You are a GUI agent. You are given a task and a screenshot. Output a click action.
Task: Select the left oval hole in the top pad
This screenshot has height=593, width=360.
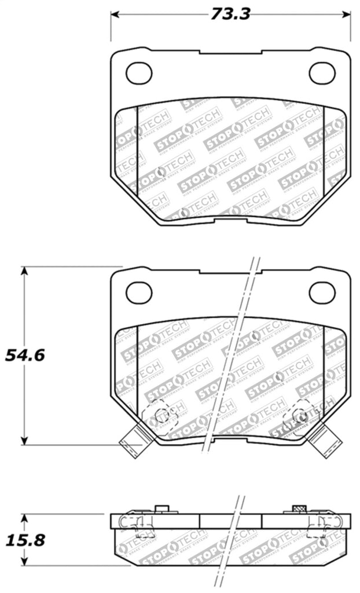tap(138, 72)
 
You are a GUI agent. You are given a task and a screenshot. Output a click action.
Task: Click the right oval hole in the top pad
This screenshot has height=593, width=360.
tap(322, 72)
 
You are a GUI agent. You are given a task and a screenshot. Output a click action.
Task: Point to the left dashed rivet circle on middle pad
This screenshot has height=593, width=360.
tap(162, 415)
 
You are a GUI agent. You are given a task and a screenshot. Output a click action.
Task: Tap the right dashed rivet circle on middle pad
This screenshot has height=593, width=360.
tap(299, 415)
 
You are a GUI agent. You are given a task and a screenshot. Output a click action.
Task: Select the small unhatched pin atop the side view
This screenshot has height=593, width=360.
tap(163, 509)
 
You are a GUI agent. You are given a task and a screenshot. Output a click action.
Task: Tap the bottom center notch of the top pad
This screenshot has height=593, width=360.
tap(230, 222)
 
